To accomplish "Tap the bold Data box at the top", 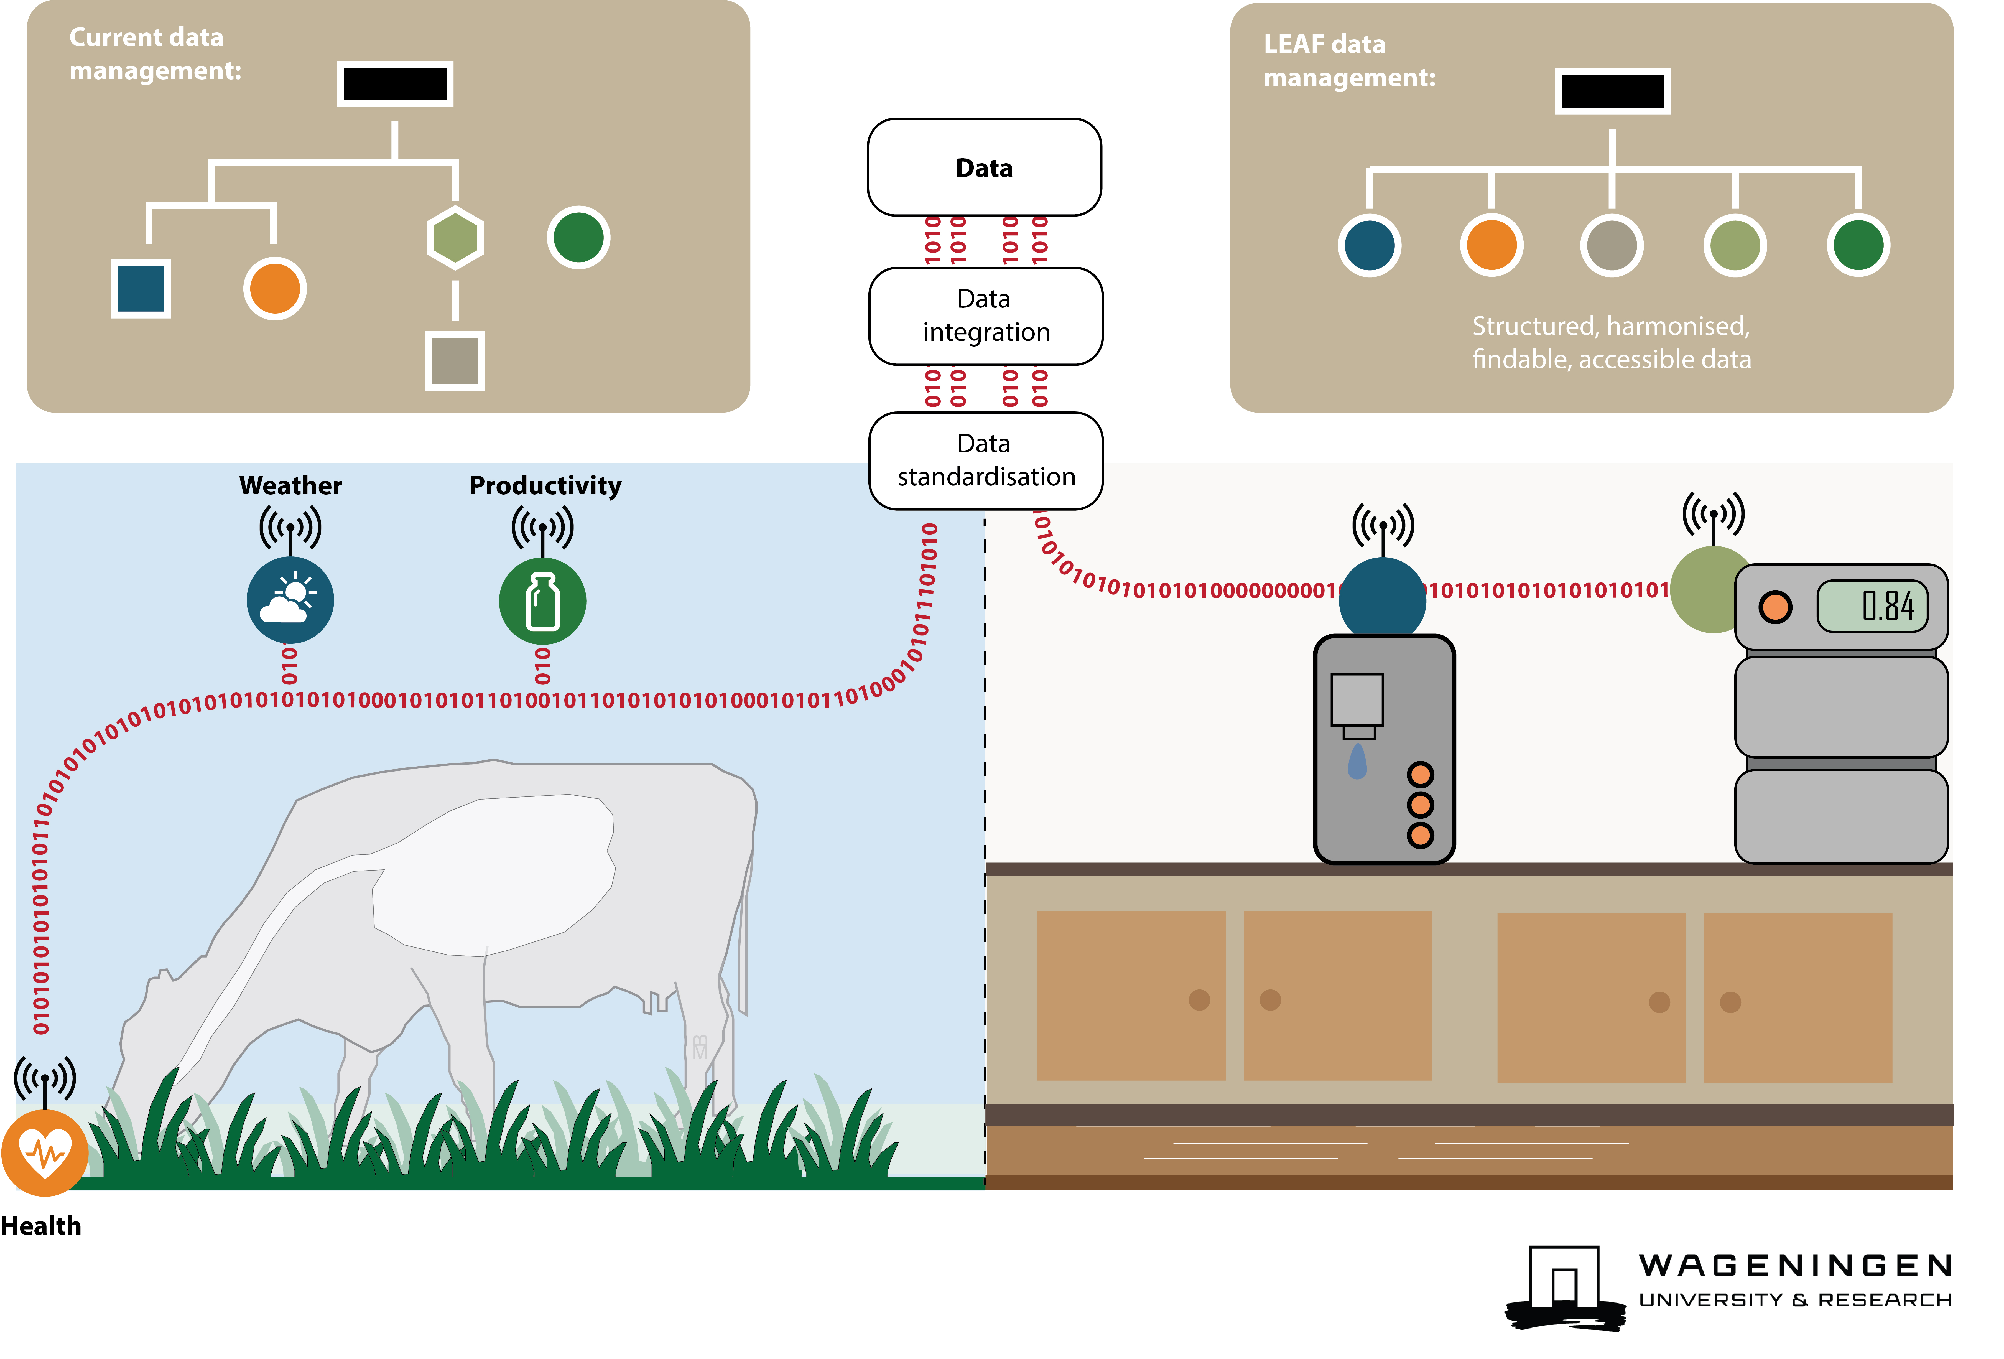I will click(984, 167).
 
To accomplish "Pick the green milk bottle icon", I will click(542, 601).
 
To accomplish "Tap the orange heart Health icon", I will click(45, 1152).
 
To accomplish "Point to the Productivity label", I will click(545, 485).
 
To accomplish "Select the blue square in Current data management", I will click(141, 288).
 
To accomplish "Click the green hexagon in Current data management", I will click(455, 237).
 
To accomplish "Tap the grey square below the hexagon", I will click(455, 360).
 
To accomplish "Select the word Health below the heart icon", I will click(40, 1225).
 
